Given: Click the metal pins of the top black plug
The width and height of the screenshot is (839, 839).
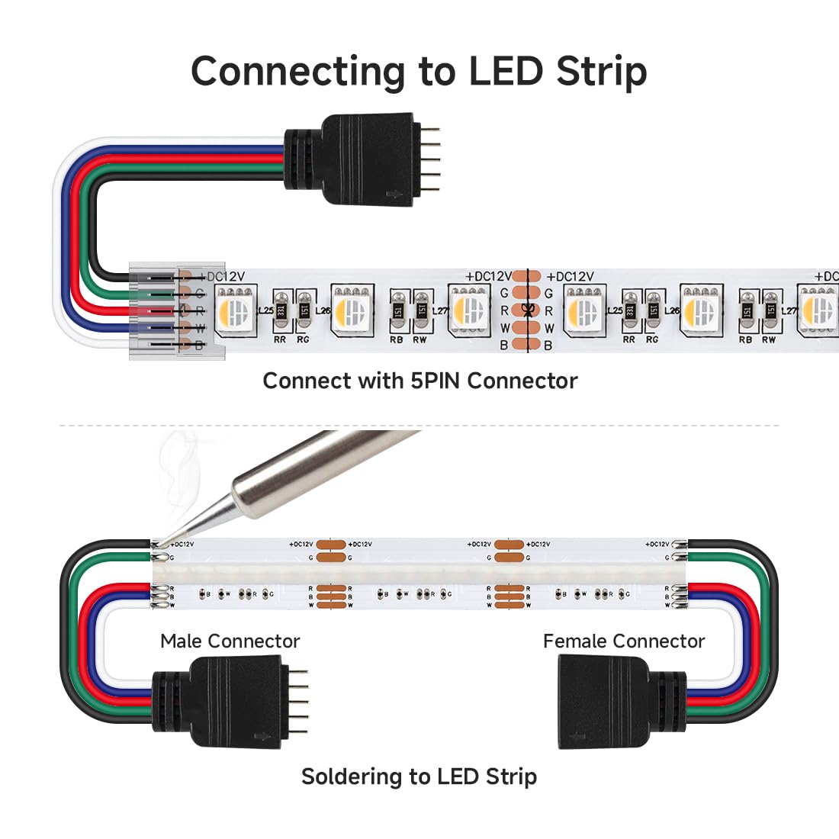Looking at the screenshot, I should (430, 160).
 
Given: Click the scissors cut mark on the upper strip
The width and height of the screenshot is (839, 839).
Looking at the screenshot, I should (526, 310).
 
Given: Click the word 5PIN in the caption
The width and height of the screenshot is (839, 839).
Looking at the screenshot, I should (436, 381).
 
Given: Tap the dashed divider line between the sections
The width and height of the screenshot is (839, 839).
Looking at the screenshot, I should (419, 426).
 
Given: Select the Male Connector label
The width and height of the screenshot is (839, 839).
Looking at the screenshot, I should (230, 641).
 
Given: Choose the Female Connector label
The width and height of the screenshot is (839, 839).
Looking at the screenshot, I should (623, 641).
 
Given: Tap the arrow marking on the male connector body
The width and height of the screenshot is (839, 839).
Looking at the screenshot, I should (264, 737).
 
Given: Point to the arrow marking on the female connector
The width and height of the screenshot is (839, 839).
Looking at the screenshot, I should (577, 737).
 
